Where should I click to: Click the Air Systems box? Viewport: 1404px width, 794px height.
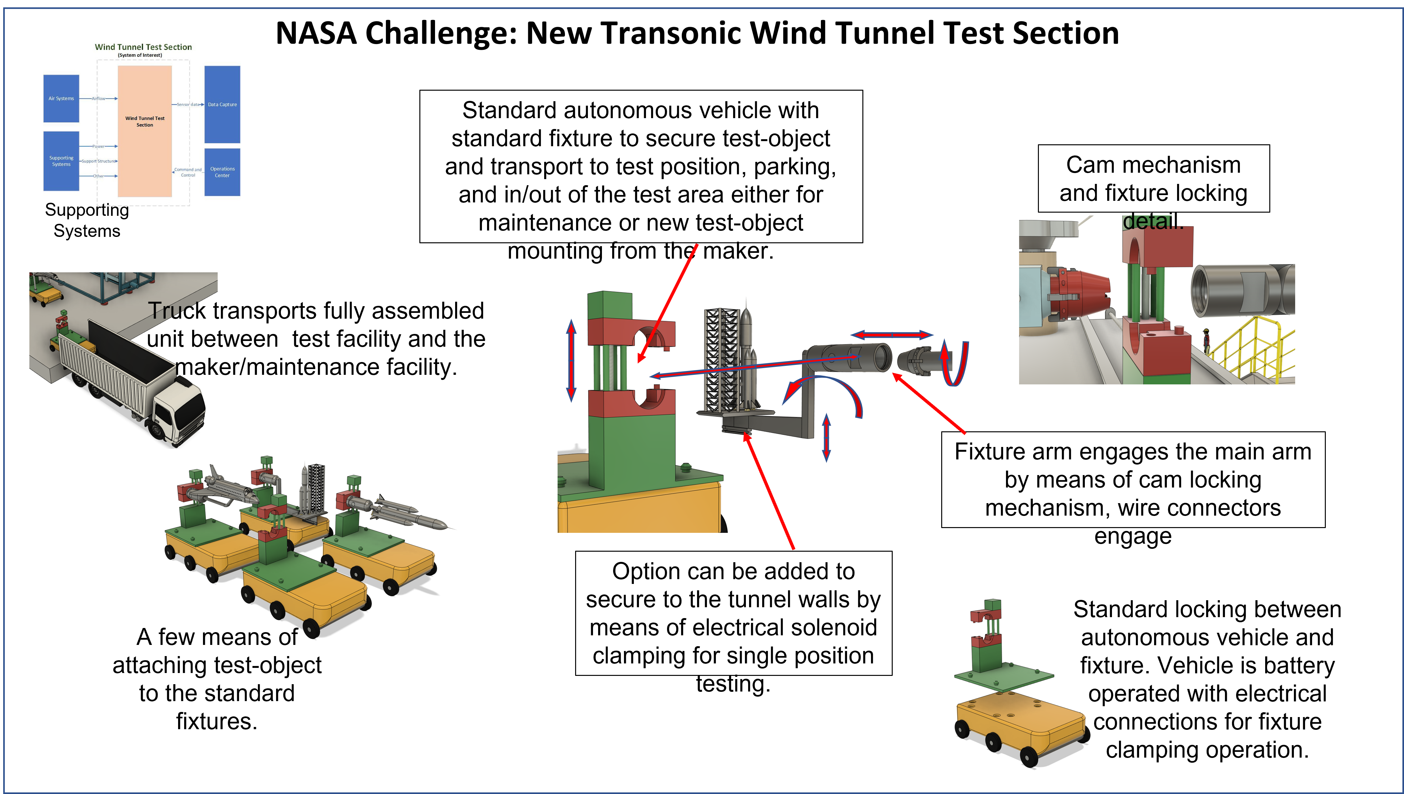61,99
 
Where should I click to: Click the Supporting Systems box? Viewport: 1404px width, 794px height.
61,161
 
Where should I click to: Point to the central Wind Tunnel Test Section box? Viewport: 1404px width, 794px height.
145,131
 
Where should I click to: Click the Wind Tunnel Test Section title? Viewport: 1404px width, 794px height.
143,47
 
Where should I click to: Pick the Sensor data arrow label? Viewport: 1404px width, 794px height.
187,104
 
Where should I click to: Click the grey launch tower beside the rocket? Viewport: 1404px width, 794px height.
721,360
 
